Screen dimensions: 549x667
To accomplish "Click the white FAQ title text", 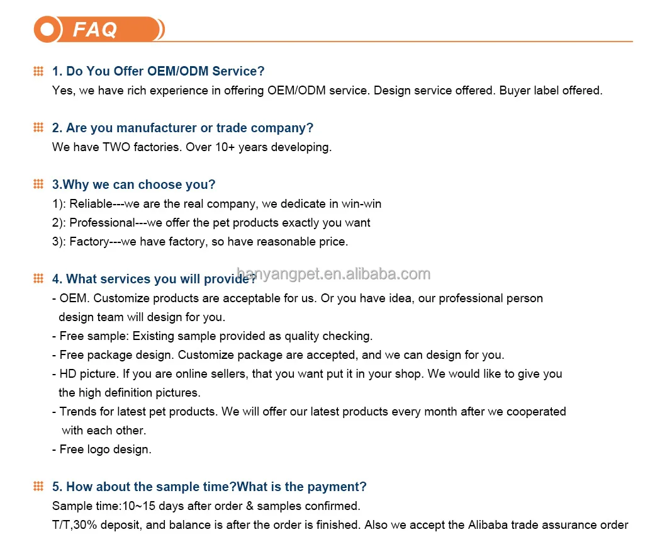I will click(x=95, y=30).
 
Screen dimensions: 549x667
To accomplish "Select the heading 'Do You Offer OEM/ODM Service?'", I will click(x=165, y=71).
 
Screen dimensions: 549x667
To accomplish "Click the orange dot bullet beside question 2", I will click(x=38, y=128).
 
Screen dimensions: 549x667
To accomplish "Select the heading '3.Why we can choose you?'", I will click(x=133, y=184).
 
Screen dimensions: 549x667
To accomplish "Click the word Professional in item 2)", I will click(x=103, y=223).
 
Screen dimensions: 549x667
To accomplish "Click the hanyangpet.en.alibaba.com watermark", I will click(x=333, y=274).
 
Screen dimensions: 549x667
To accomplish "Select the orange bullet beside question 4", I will click(x=38, y=279).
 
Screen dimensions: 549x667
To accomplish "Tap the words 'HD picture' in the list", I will click(x=88, y=374).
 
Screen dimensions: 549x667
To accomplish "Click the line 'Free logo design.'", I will click(x=105, y=450).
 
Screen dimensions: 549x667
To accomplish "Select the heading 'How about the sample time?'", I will click(x=151, y=487).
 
